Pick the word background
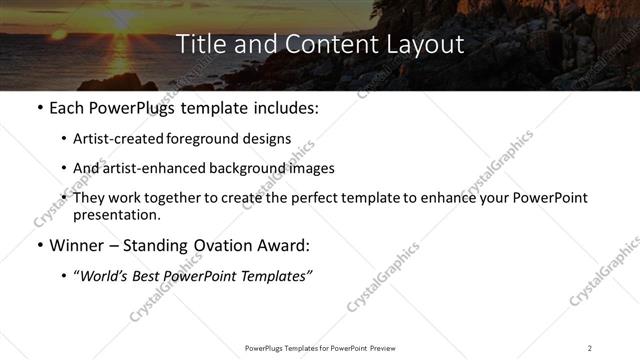tap(238, 168)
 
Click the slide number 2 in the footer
tap(590, 348)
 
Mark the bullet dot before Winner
tap(39, 246)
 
